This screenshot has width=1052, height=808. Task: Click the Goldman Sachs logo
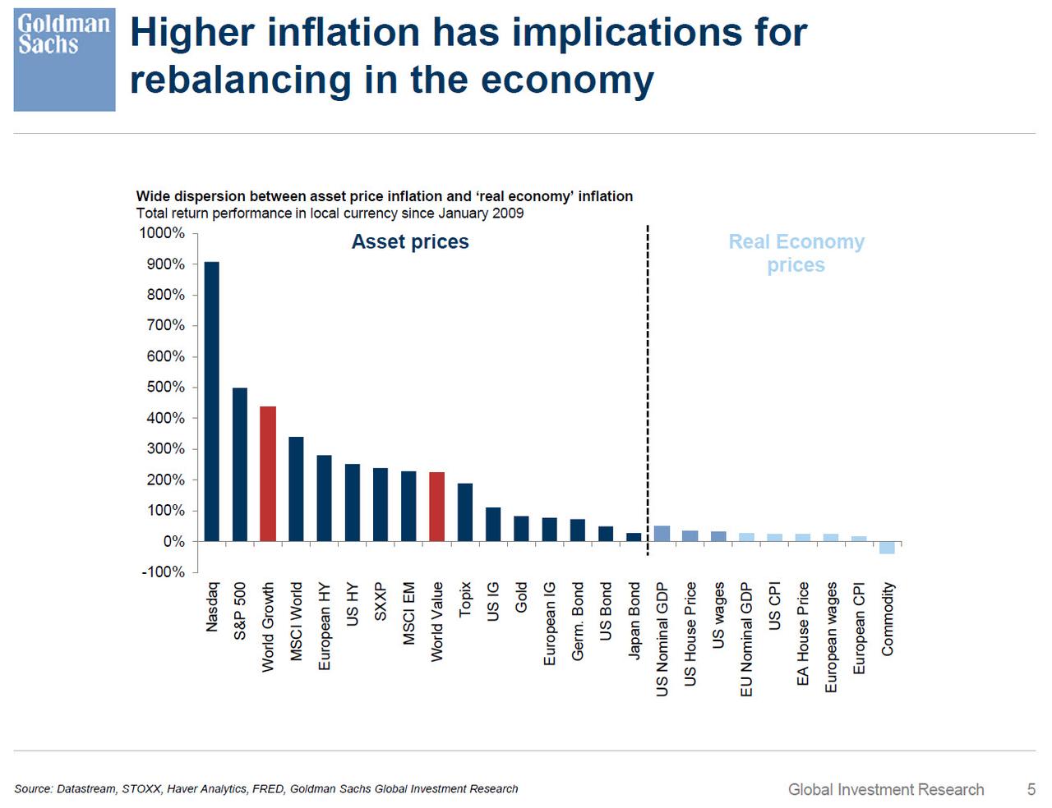point(64,60)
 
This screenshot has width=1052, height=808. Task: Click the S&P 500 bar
point(239,464)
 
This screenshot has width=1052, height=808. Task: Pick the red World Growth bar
point(268,474)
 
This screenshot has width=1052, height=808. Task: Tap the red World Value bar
point(436,507)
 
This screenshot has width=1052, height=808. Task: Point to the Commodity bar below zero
point(887,548)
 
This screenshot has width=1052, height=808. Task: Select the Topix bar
point(465,512)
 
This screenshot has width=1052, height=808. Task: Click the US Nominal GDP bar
point(662,534)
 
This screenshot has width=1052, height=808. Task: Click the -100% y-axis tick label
point(163,572)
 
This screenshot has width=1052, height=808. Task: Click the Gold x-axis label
point(521,598)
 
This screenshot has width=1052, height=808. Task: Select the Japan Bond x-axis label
point(634,621)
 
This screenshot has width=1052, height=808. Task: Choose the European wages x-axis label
point(831,637)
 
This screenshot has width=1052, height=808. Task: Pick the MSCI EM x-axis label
point(408,613)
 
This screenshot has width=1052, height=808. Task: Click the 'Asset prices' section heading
point(410,241)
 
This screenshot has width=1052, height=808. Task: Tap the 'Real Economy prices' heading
point(796,253)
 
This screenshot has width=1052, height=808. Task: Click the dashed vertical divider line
point(648,386)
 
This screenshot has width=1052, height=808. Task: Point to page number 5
point(1031,789)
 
